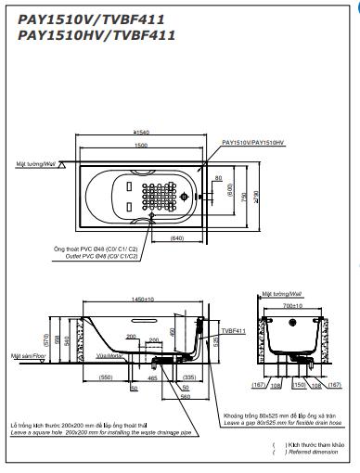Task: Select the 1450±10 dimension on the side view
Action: click(142, 300)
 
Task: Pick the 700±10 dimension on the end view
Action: click(294, 304)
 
